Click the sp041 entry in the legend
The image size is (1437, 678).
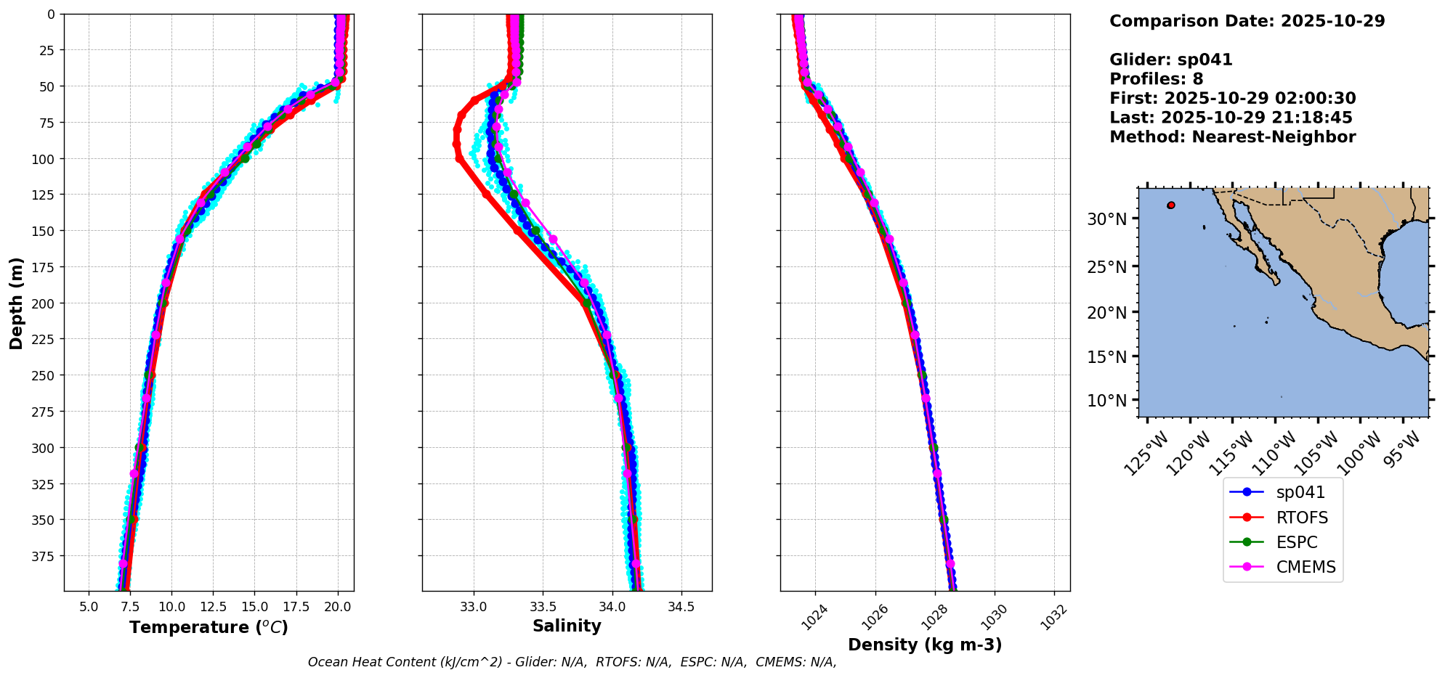tap(1300, 492)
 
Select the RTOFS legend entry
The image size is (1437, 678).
tap(1302, 518)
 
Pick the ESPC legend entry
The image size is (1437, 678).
tap(1296, 542)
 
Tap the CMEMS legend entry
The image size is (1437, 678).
tap(1306, 567)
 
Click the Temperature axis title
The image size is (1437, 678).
tap(209, 627)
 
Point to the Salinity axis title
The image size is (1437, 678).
tap(567, 626)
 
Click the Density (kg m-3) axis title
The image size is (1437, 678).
tap(925, 645)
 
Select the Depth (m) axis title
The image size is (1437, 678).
tap(16, 303)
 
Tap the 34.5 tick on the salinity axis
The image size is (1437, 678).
tap(680, 606)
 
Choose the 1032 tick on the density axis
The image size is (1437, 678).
tap(1054, 617)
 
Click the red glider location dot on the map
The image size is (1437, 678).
tap(1171, 205)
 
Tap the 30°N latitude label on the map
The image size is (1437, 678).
tap(1107, 219)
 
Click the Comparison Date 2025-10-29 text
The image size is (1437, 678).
tap(1247, 21)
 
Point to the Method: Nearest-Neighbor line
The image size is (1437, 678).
tap(1232, 137)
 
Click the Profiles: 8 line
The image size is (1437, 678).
tap(1156, 79)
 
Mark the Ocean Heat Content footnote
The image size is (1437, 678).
tap(572, 662)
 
